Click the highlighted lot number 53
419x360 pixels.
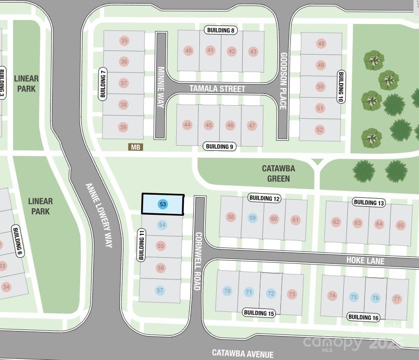(163, 204)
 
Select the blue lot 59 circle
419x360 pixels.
(252, 218)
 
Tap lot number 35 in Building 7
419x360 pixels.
(124, 41)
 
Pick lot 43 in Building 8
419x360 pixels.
(253, 51)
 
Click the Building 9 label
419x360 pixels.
(219, 147)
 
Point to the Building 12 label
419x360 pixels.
(264, 199)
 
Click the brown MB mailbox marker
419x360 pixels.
(136, 147)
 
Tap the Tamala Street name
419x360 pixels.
(217, 89)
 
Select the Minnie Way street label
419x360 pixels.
(161, 83)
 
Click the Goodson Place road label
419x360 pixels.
(283, 81)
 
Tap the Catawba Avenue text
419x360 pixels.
(243, 353)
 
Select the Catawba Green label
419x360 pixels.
(275, 173)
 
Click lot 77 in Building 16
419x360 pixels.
(397, 299)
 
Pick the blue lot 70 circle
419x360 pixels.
(227, 291)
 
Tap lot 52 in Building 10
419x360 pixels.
(320, 130)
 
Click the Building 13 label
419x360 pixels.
(369, 202)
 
